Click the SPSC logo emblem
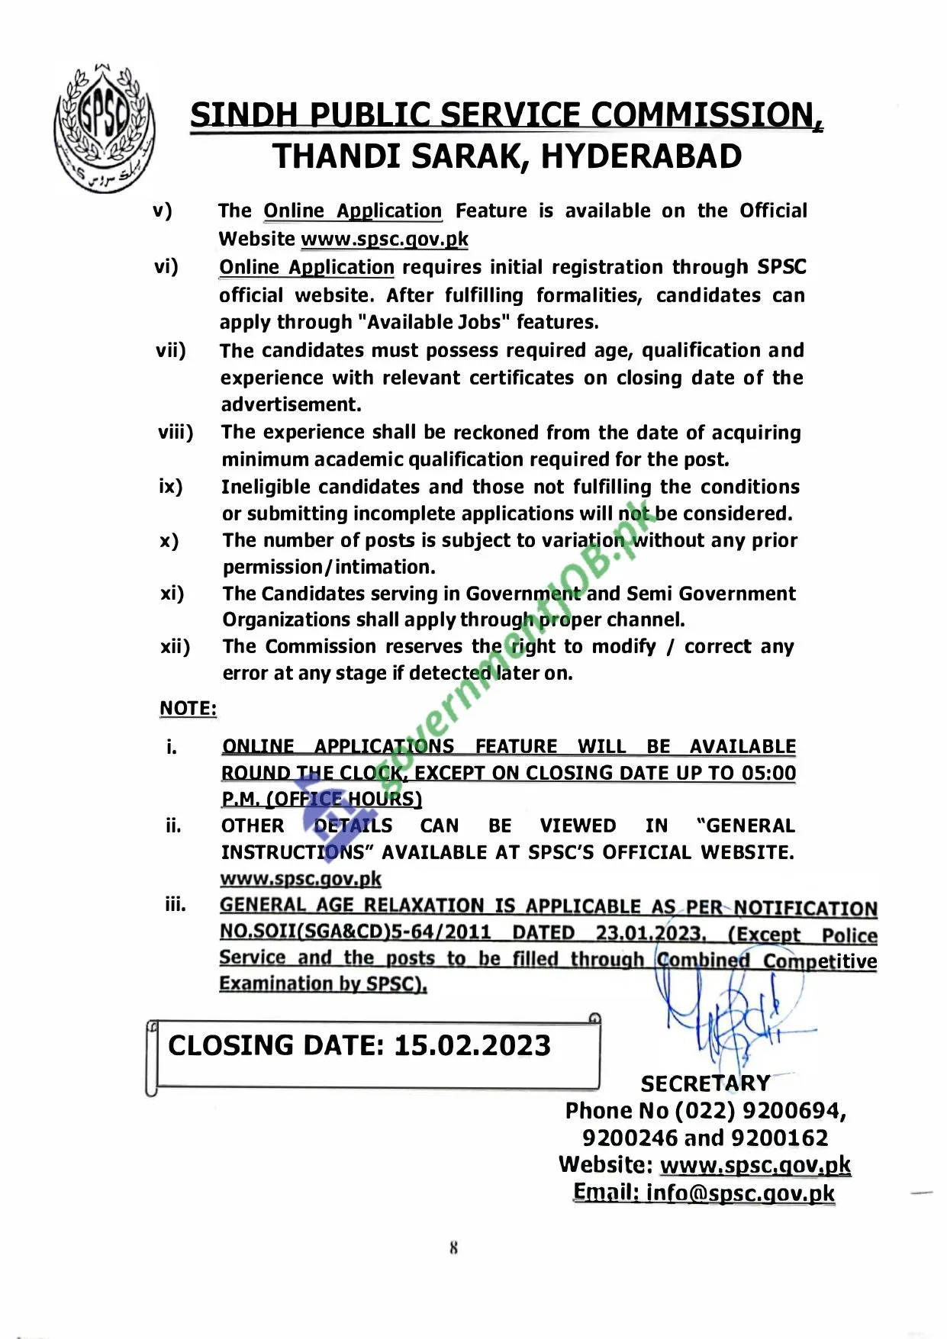coord(103,126)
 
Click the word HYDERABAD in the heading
coord(641,157)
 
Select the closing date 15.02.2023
coord(472,1045)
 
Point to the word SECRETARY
coord(705,1083)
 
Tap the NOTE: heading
coord(188,708)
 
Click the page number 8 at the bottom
coord(453,1248)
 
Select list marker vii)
coord(171,350)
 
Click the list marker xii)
coord(175,647)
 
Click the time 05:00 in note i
coord(769,773)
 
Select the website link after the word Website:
coord(755,1165)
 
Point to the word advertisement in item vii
coord(291,404)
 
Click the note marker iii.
coord(175,905)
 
